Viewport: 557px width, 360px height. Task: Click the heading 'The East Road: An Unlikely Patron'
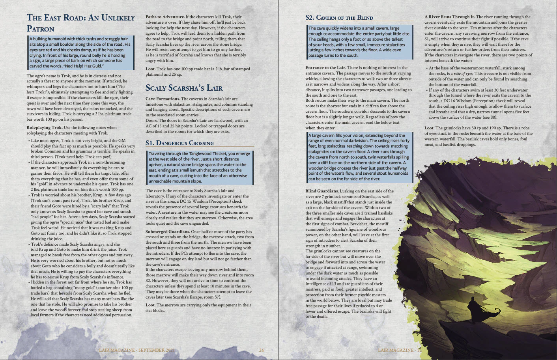[80, 23]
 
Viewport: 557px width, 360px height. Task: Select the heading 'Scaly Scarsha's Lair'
[184, 88]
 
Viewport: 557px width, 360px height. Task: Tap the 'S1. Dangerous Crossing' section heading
[179, 143]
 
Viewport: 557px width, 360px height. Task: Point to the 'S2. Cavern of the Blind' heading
[339, 18]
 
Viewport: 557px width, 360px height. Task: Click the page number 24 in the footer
[261, 350]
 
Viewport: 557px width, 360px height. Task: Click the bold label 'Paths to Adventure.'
[165, 17]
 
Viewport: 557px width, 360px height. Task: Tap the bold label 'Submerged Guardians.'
[167, 231]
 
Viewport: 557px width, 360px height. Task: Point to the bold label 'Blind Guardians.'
[321, 191]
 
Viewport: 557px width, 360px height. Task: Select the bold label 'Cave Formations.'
[162, 99]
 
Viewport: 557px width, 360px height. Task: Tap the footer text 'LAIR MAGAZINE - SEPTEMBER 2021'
[136, 350]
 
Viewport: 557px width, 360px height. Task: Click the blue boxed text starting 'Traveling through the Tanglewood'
[199, 167]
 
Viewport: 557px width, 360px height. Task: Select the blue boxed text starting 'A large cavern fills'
[359, 157]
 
